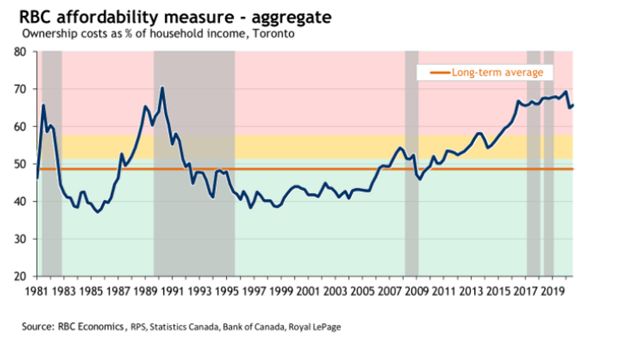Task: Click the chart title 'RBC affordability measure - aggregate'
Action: click(x=166, y=14)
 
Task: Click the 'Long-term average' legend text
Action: click(x=497, y=72)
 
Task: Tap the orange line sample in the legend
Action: click(x=439, y=73)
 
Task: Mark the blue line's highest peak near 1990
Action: click(x=162, y=87)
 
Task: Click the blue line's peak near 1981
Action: click(x=43, y=105)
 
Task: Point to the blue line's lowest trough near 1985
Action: click(x=98, y=212)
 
